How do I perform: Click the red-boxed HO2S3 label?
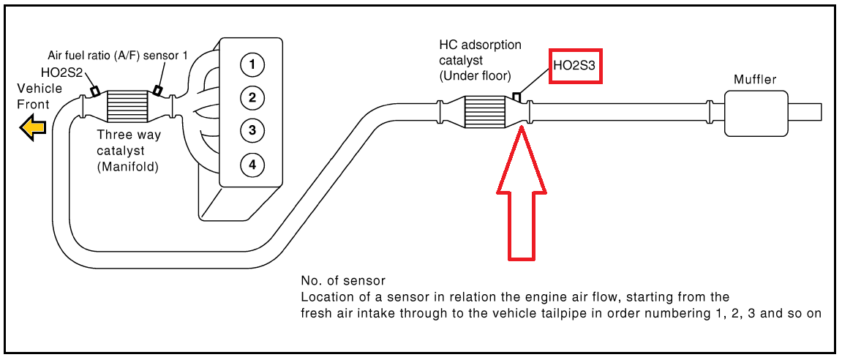[576, 66]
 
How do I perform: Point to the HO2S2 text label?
[61, 72]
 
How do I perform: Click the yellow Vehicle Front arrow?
[33, 128]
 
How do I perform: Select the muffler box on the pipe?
[756, 113]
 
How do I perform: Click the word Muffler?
[755, 80]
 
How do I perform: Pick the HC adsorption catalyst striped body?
[484, 113]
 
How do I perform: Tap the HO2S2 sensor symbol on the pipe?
[95, 91]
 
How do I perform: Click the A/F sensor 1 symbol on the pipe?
[158, 90]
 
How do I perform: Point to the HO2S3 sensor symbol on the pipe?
[516, 97]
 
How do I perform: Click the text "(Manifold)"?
[128, 167]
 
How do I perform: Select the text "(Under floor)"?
[474, 77]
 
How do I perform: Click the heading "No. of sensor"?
[343, 281]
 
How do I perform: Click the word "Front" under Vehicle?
[34, 105]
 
